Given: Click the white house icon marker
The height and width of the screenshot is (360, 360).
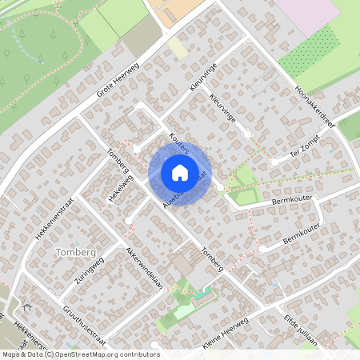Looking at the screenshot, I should coord(179,172).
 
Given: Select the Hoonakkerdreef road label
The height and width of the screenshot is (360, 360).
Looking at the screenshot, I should coord(314,103).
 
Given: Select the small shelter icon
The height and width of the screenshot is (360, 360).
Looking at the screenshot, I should coord(30,307).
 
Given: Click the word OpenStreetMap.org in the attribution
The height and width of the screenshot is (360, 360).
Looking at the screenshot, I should coord(94,354).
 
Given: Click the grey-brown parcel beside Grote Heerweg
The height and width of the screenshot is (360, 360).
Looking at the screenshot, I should coord(142,35).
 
